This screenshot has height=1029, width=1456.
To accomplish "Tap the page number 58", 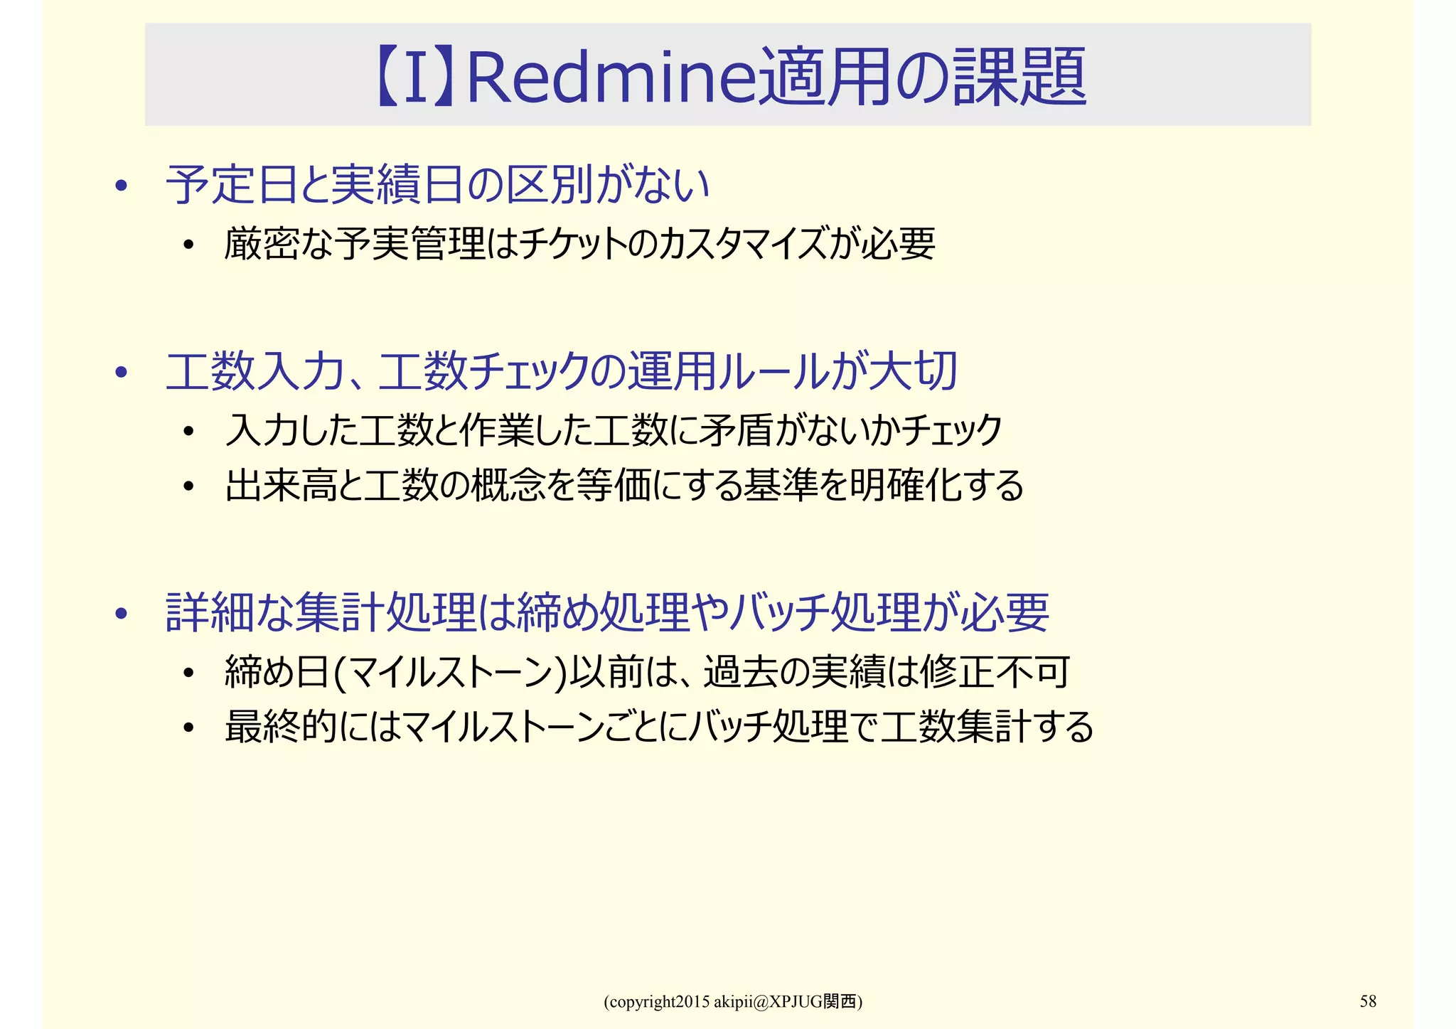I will [x=1368, y=1001].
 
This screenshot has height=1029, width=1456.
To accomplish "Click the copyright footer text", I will [x=733, y=1002].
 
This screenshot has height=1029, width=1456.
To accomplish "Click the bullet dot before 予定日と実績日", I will [x=122, y=186].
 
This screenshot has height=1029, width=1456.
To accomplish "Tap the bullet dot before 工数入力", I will [x=122, y=373].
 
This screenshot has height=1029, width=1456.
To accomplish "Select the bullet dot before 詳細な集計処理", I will [x=122, y=613].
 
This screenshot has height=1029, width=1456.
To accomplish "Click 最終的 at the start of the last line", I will [x=281, y=727].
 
